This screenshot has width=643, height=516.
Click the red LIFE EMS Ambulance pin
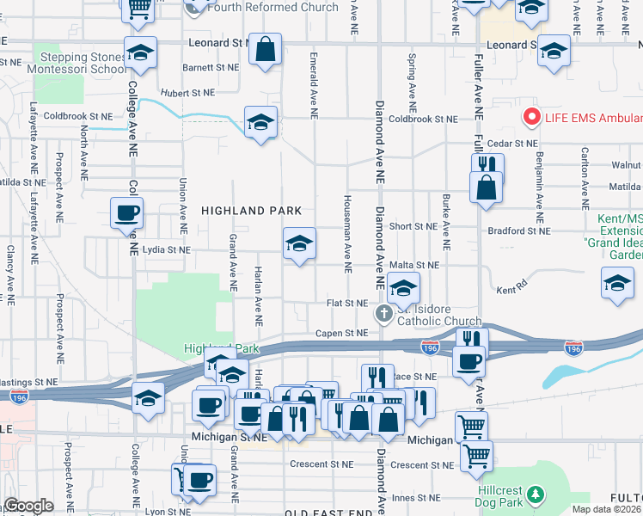pos(532,117)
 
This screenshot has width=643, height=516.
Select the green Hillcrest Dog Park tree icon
pos(536,494)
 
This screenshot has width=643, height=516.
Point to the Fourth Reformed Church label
pos(277,7)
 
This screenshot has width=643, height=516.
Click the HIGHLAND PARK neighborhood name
pos(251,210)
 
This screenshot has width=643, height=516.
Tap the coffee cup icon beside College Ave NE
pos(126,212)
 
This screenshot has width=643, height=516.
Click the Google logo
pos(28,507)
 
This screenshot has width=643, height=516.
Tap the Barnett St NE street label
pos(211,66)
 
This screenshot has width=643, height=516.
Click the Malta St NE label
pos(414,266)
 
